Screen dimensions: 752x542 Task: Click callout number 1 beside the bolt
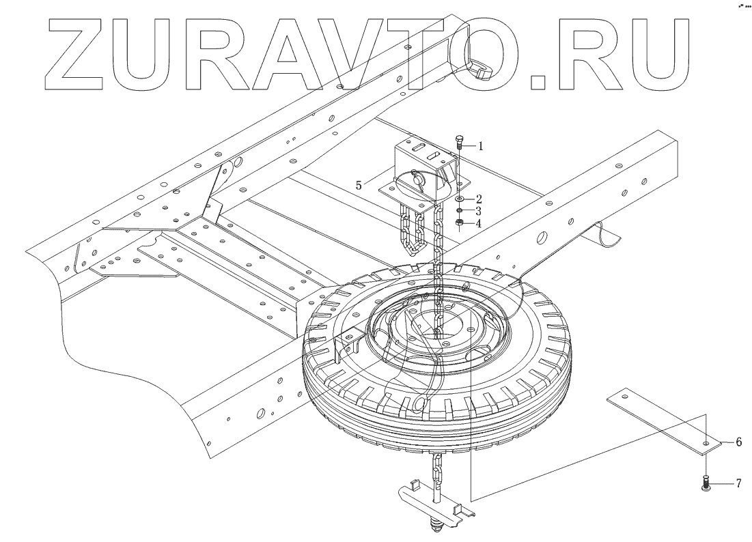[x=480, y=145]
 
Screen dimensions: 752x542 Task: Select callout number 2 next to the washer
[x=479, y=199]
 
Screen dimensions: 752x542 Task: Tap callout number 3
[x=479, y=211]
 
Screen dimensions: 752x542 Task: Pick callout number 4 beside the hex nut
[x=479, y=223]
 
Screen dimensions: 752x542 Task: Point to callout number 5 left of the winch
[x=357, y=184]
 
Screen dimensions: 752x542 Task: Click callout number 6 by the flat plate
[x=738, y=442]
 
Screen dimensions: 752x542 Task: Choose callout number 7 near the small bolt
[x=738, y=484]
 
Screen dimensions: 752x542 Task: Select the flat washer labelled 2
[x=460, y=199]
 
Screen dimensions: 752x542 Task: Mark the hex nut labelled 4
[x=460, y=223]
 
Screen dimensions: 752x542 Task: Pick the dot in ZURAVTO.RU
[x=538, y=81]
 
